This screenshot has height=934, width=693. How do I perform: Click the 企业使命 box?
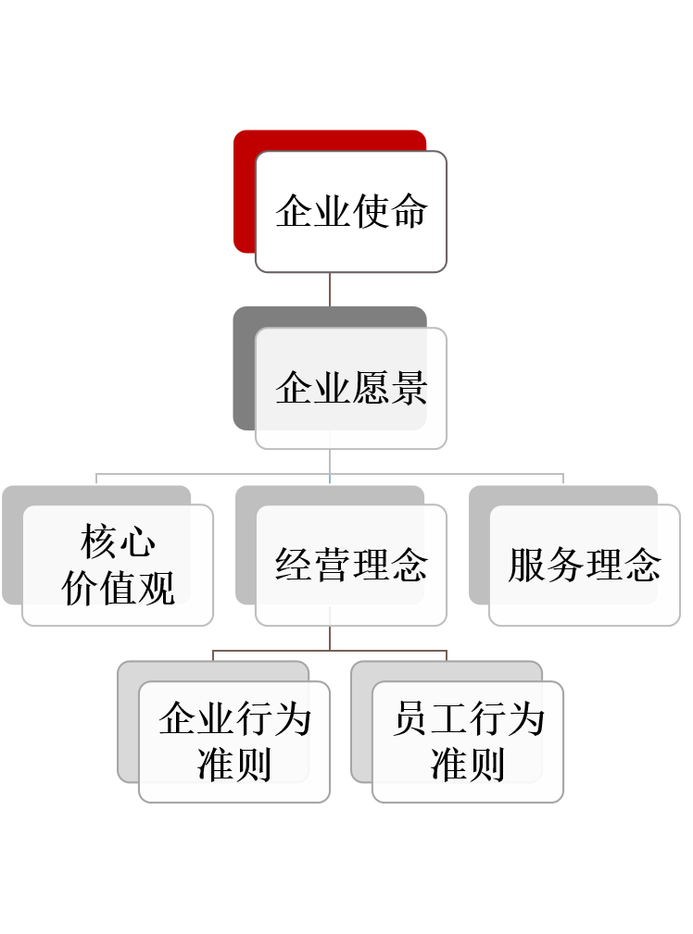tap(351, 212)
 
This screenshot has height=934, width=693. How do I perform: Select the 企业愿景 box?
tap(351, 388)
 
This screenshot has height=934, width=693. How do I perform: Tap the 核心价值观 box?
tap(118, 565)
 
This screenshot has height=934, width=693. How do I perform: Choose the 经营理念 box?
tap(351, 565)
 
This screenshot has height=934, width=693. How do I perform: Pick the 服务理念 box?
tap(584, 565)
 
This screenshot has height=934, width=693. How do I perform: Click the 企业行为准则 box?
tap(234, 741)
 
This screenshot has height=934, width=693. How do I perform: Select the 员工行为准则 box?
tap(468, 741)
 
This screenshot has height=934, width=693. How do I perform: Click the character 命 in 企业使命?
tap(409, 212)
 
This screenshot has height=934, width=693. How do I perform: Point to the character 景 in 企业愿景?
tap(409, 388)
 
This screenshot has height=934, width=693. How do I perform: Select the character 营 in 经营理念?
tap(333, 565)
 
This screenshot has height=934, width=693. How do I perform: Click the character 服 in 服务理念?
tap(526, 565)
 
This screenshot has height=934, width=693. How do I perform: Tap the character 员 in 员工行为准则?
tap(410, 719)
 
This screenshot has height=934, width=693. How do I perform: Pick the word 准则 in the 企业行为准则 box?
tap(234, 765)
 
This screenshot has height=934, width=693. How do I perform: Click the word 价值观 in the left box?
tap(118, 588)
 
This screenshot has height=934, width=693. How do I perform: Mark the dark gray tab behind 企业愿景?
tap(244, 370)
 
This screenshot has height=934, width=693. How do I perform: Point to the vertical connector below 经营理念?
tap(330, 638)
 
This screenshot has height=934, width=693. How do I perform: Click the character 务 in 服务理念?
tap(565, 565)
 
